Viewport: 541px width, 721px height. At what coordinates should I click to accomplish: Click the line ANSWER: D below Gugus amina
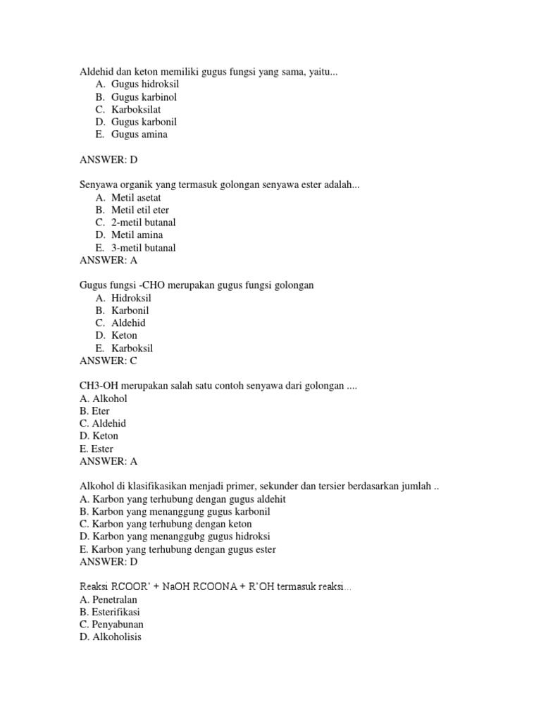(109, 160)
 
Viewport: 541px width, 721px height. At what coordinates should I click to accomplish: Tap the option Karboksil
(132, 349)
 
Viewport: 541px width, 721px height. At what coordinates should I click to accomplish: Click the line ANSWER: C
(108, 361)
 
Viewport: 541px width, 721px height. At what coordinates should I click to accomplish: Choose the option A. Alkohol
(104, 399)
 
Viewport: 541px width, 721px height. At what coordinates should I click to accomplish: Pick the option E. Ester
(97, 449)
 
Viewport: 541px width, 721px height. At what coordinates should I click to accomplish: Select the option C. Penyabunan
(112, 625)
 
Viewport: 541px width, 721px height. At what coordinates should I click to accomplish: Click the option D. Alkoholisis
(111, 637)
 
